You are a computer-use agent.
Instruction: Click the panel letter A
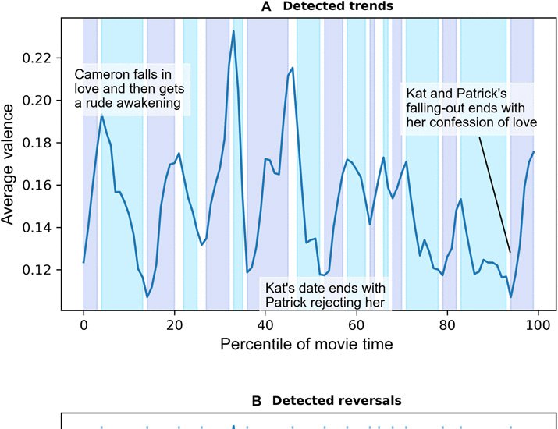[x=267, y=7]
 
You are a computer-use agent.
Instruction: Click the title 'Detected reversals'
[x=336, y=400]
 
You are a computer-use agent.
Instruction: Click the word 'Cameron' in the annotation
[x=99, y=75]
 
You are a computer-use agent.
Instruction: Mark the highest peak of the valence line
[x=233, y=31]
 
